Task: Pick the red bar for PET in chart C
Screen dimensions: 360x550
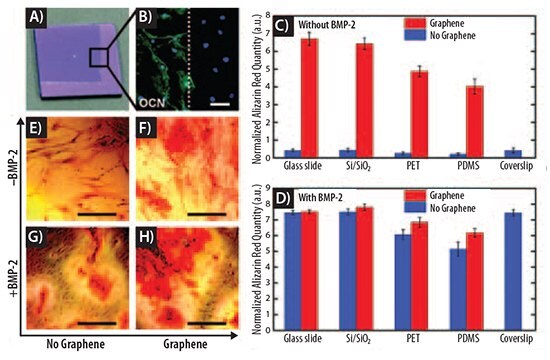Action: (403, 115)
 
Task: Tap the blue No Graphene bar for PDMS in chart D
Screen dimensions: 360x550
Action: (431, 282)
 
